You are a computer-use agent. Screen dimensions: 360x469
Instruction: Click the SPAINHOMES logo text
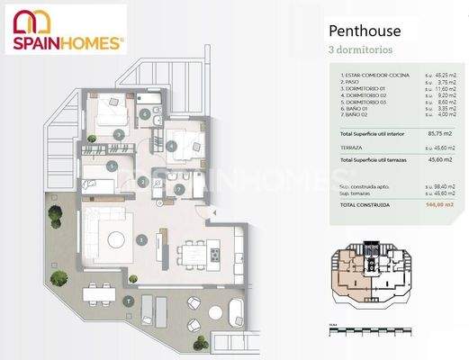click(x=68, y=41)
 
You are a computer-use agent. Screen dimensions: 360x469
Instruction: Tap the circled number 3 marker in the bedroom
click(x=120, y=134)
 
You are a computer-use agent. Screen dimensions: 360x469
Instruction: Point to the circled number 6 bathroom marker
click(x=146, y=113)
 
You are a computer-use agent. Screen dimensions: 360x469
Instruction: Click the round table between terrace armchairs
click(x=129, y=301)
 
